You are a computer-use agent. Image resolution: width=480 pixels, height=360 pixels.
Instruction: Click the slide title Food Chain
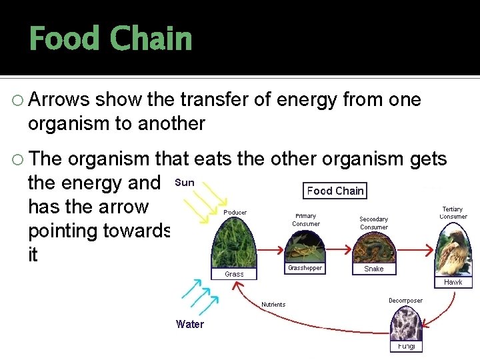pos(111,39)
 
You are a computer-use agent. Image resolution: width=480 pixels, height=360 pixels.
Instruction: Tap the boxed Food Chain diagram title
pos(335,191)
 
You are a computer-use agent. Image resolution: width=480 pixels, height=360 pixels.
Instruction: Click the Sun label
pos(185,182)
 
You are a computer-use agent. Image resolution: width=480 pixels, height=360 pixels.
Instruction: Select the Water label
pos(190,325)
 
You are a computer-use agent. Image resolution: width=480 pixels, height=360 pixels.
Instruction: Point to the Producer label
pos(235,213)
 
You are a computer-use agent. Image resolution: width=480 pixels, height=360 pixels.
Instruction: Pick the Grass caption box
pos(234,274)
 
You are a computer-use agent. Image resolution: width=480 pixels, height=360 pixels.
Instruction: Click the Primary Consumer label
pos(306,220)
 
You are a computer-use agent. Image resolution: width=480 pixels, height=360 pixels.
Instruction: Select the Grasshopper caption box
pos(305,268)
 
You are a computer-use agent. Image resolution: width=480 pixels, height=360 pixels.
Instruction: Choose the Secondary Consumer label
pos(373,223)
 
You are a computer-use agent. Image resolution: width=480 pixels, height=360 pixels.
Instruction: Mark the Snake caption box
pos(373,269)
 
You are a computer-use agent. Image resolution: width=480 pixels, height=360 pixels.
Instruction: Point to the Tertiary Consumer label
pos(453,213)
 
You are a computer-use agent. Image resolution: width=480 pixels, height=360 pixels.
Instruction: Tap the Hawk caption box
pos(453,283)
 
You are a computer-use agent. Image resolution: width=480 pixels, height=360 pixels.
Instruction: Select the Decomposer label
pos(405,301)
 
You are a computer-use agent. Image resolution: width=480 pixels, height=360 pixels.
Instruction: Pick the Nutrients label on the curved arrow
pos(273,305)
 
